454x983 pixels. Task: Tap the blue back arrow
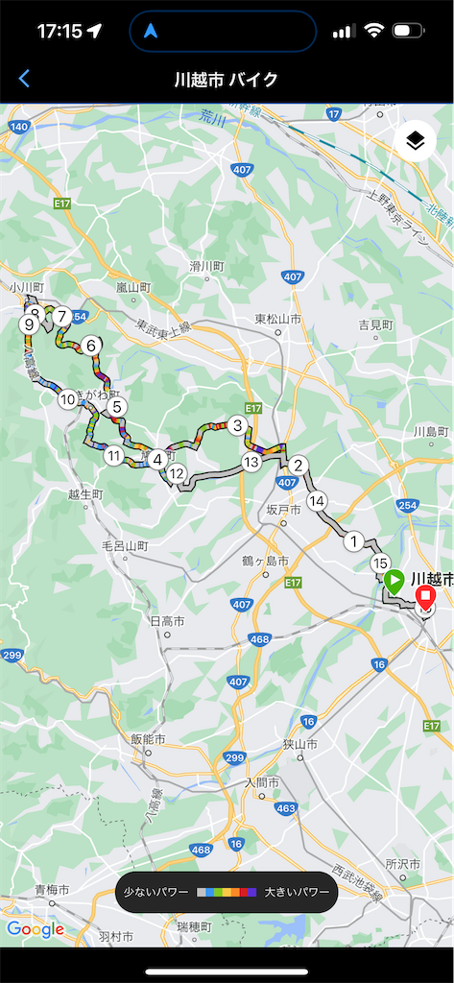pos(25,79)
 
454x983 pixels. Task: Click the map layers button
pos(415,142)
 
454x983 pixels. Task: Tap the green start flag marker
pos(394,581)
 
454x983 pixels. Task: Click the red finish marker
pos(424,593)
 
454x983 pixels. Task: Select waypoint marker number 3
pos(236,425)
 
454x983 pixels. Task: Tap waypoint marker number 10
pos(67,398)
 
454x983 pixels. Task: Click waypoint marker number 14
pos(318,500)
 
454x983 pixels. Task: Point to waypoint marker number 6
pos(91,346)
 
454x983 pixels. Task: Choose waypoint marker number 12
pos(176,472)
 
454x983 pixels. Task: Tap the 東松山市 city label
pos(278,319)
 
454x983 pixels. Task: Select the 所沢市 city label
pos(410,864)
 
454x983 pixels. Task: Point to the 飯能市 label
pos(149,739)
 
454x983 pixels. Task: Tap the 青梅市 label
pos(52,890)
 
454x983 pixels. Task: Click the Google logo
pos(35,928)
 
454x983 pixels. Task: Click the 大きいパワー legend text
pos(297,892)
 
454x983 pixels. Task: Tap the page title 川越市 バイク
pos(227,79)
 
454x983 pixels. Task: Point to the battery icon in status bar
pos(408,31)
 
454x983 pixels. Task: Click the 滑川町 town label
pos(206,265)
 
